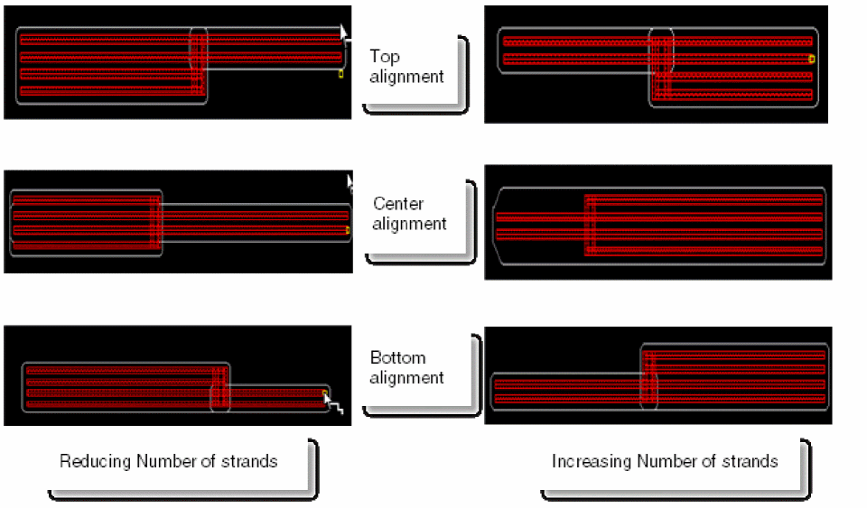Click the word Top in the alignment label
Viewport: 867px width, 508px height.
384,57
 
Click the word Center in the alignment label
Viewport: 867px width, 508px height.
398,204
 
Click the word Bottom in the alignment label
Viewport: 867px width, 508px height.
397,357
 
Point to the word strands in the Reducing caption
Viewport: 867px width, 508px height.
249,461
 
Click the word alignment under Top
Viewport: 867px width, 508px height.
406,77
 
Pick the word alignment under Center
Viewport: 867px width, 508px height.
409,224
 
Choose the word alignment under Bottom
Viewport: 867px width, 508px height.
406,377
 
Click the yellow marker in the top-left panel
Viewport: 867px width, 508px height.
340,73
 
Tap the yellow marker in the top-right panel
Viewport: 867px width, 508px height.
811,59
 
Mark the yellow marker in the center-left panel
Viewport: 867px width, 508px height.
348,230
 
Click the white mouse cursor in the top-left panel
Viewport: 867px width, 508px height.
343,33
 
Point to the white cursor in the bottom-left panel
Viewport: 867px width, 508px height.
331,401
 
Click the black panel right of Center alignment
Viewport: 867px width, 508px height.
657,221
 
